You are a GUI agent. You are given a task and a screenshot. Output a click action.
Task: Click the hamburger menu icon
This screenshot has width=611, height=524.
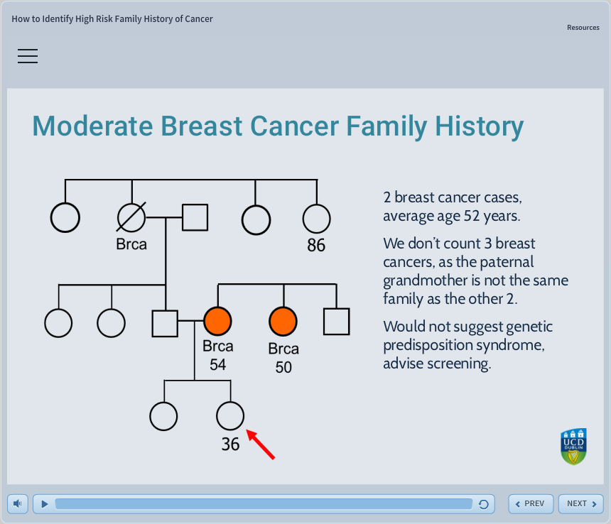point(28,56)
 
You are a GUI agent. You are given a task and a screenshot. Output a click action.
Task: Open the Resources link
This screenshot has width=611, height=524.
point(583,28)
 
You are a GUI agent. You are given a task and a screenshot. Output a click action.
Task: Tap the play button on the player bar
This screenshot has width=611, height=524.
point(44,504)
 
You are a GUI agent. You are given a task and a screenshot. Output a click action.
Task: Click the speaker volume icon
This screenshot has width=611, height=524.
point(18,504)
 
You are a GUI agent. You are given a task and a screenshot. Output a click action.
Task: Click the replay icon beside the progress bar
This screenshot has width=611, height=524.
point(484,504)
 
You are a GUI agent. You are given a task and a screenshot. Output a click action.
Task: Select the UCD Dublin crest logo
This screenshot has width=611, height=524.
point(573,447)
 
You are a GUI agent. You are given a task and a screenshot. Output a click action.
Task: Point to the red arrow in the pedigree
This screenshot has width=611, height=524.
point(260,444)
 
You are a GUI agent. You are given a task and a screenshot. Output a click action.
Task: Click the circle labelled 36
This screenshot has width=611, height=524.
point(229,416)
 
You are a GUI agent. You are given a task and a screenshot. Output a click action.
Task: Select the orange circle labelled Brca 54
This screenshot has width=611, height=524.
point(218,322)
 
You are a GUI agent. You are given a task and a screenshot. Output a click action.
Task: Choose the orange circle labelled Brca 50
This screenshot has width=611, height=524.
point(283,322)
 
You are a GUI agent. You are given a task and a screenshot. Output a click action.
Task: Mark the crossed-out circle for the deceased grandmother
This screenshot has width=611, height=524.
point(131,218)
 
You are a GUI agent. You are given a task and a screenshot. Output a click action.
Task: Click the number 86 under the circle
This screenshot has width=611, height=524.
point(316,246)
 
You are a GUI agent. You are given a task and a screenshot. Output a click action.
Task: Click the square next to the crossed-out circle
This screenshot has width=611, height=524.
point(195,218)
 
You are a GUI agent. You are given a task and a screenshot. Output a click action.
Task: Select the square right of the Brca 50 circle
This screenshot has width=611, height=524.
point(336,322)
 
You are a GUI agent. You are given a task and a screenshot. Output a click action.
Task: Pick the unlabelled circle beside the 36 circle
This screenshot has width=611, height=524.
point(164,417)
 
